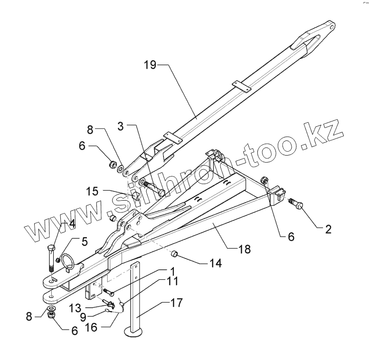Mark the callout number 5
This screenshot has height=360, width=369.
pos(84,241)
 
